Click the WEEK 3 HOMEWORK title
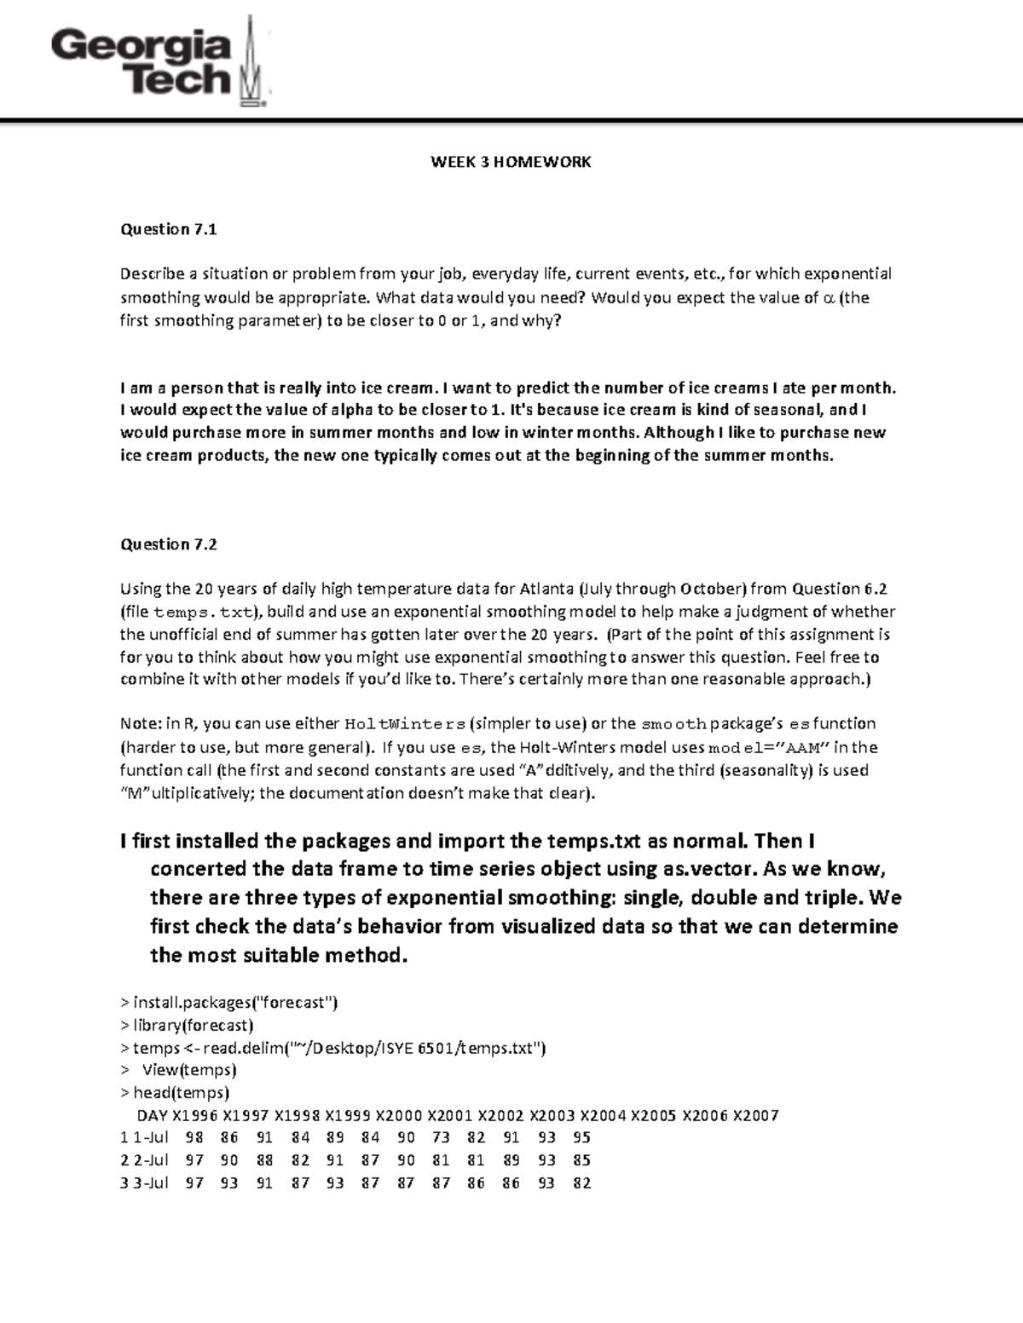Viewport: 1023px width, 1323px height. [x=511, y=162]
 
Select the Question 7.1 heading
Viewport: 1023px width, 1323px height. [x=169, y=229]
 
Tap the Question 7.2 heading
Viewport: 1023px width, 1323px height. [x=169, y=544]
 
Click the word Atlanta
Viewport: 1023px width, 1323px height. [x=546, y=589]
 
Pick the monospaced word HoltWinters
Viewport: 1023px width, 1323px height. [x=404, y=725]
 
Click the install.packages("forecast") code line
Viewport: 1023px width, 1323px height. [x=229, y=1003]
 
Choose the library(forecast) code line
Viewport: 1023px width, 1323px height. [x=188, y=1025]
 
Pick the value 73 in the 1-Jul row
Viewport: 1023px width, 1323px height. [x=441, y=1138]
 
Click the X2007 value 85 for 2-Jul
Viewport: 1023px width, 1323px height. [x=581, y=1160]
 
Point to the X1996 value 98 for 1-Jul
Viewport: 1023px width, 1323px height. [x=194, y=1138]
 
